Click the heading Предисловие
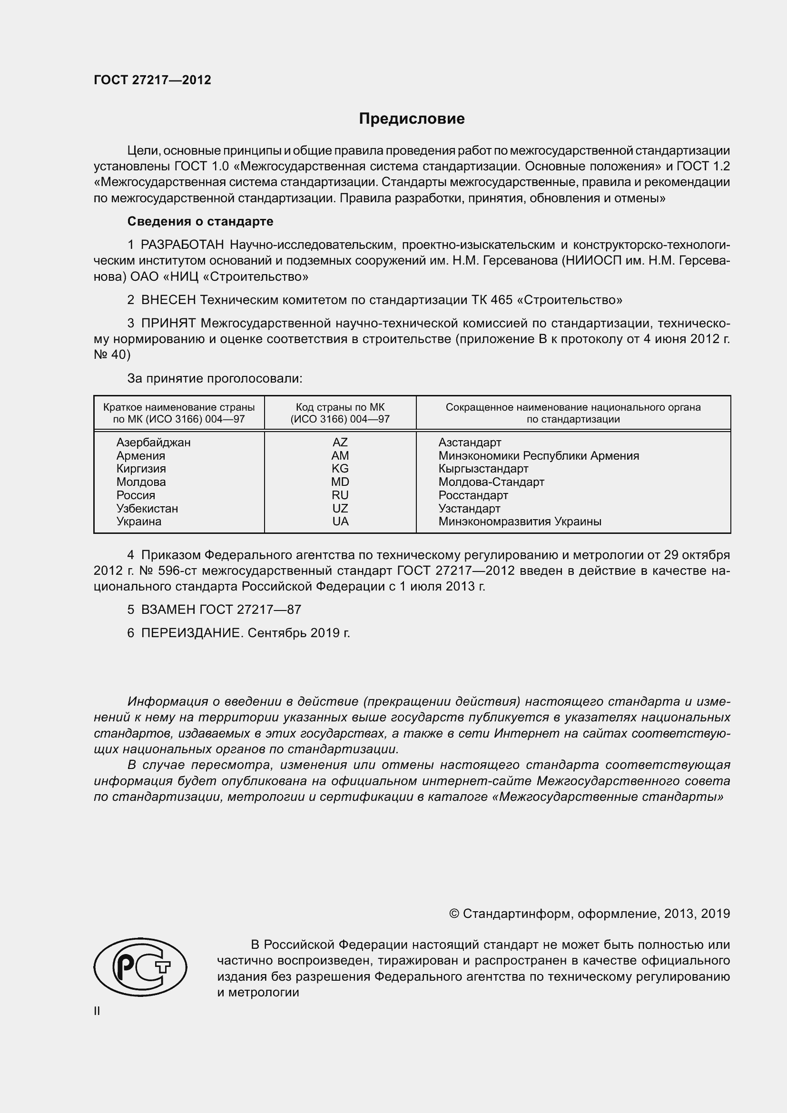(x=412, y=119)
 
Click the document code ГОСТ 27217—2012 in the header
(x=152, y=80)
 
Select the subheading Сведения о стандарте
(x=200, y=222)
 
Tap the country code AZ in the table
(x=340, y=442)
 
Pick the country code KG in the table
(x=340, y=469)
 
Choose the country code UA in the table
(x=340, y=522)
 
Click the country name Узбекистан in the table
(x=147, y=509)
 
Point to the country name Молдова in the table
(x=140, y=482)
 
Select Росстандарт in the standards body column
(x=473, y=495)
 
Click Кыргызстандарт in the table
(x=483, y=469)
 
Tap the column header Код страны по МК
(x=340, y=408)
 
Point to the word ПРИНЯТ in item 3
(x=168, y=323)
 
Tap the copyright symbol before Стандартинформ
(x=454, y=914)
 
